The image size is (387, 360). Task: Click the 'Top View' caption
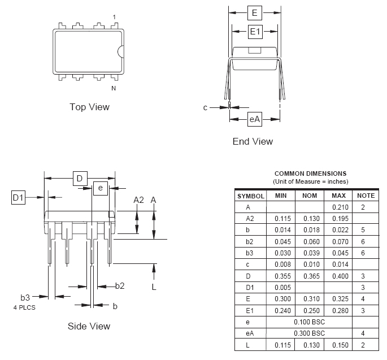(x=89, y=107)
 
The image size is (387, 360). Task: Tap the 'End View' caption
(x=253, y=141)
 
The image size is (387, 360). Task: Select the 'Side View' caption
(x=89, y=326)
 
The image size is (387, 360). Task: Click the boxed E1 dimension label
(x=255, y=32)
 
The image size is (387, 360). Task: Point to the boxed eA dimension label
(x=255, y=119)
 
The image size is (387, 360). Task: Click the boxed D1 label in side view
(x=19, y=197)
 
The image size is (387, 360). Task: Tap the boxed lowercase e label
(x=101, y=188)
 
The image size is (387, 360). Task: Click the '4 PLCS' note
(x=24, y=307)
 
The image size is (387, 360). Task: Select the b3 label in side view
(x=25, y=297)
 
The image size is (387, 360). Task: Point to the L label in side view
(x=154, y=287)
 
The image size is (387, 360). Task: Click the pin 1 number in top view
(x=114, y=18)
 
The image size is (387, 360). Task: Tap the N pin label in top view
(x=114, y=88)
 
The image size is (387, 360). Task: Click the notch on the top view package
(x=120, y=51)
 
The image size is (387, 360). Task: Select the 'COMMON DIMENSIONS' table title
(x=310, y=174)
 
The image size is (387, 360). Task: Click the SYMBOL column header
(x=250, y=196)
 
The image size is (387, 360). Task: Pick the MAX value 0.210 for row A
(x=339, y=207)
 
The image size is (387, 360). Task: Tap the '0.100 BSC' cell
(x=310, y=322)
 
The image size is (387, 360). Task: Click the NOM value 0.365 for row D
(x=310, y=276)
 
